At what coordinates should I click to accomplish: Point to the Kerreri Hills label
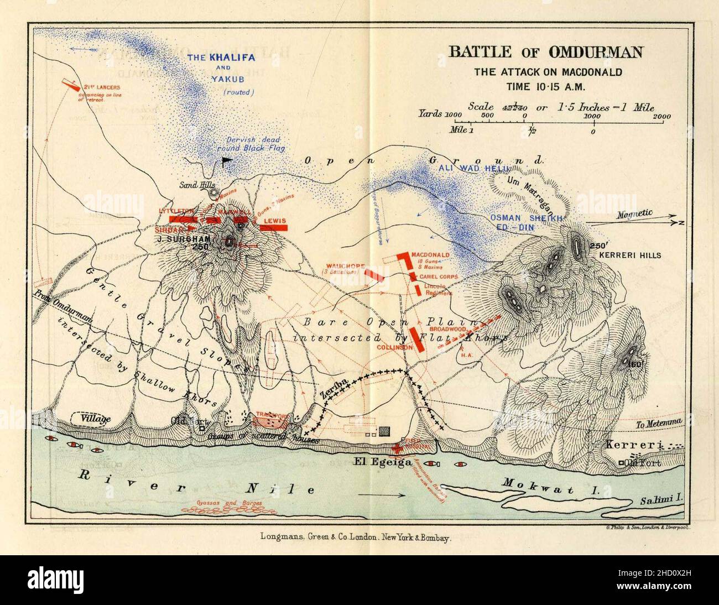tap(629, 255)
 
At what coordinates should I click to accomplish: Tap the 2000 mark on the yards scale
tap(661, 116)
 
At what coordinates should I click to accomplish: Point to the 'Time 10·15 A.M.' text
tap(545, 86)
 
